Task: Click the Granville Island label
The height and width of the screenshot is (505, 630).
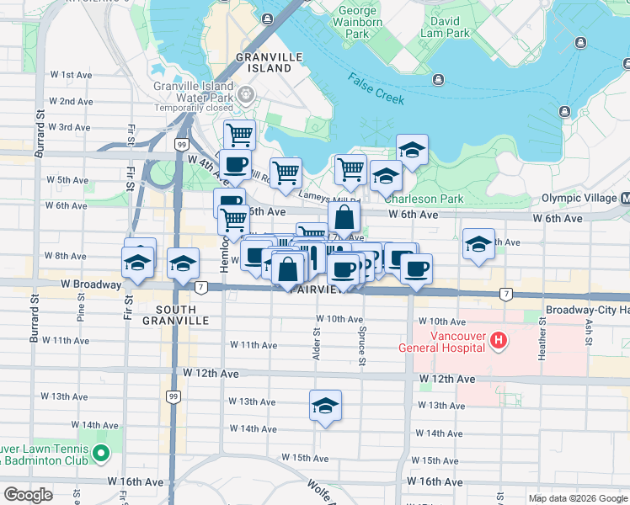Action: (x=269, y=62)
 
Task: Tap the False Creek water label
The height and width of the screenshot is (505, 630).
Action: (x=376, y=88)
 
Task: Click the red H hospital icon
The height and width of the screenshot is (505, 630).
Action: (x=499, y=341)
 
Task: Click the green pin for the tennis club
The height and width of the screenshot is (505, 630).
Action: (x=101, y=454)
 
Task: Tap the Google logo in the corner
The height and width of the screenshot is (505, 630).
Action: (x=28, y=495)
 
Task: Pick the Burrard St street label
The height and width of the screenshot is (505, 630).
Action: (x=37, y=135)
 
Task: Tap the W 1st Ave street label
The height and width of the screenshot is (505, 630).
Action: (x=71, y=75)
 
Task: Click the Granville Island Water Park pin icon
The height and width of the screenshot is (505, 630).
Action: (x=247, y=94)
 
